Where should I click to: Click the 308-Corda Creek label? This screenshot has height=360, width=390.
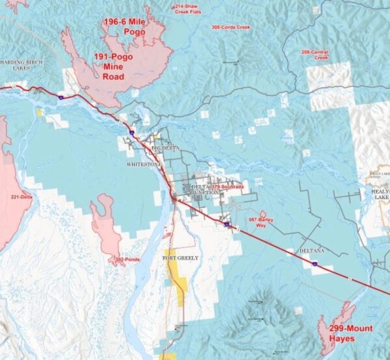coord(231,27)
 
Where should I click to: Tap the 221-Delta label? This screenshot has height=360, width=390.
coord(21,196)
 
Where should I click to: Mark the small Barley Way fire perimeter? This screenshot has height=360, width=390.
coord(263,214)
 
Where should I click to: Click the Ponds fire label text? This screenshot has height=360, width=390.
coord(127,259)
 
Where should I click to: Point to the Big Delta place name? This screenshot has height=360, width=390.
coord(164,148)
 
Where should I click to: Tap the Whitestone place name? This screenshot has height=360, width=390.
coord(145,165)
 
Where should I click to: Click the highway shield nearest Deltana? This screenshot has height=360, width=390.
coord(314,264)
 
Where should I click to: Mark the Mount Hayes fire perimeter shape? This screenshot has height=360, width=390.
coord(337,324)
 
